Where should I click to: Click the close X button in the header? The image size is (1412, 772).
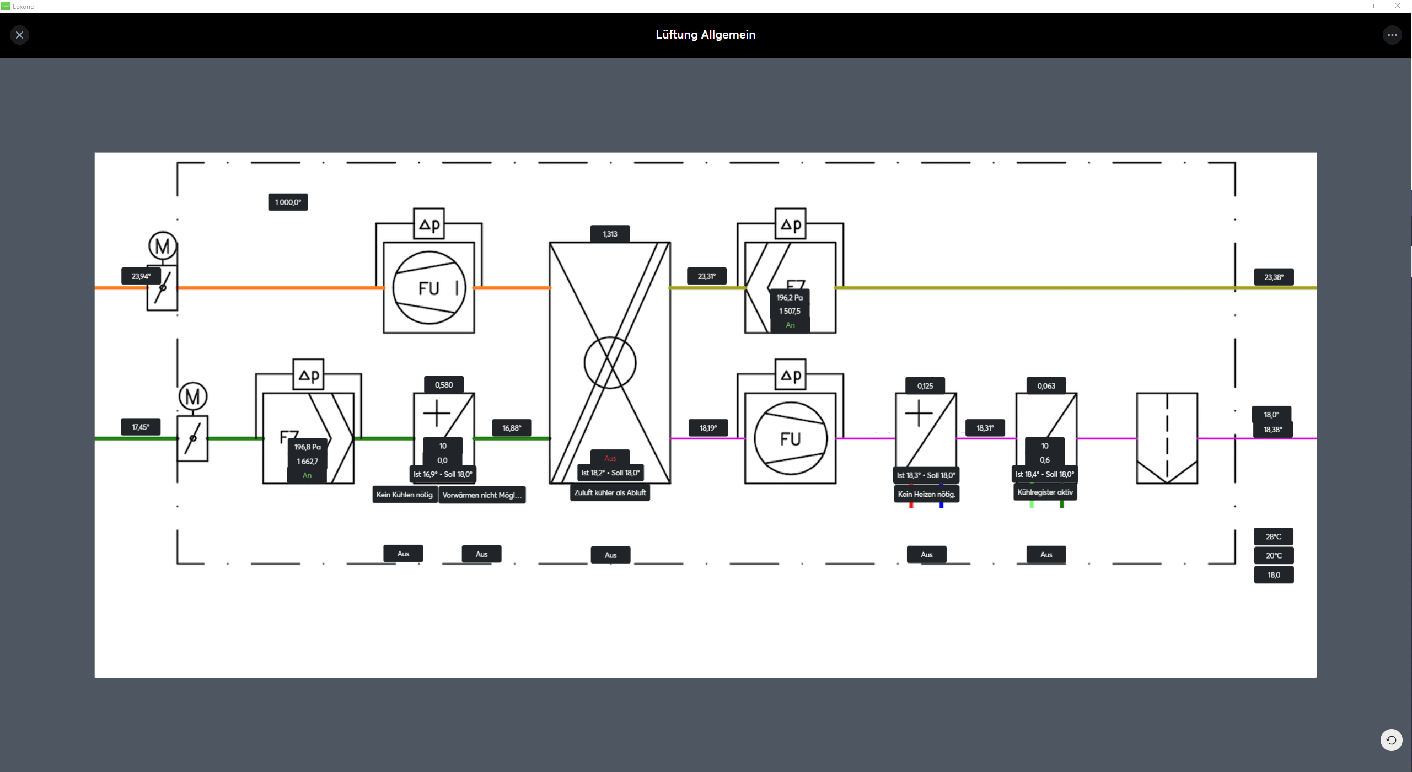pyautogui.click(x=19, y=35)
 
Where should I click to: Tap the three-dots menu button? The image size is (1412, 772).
pyautogui.click(x=1392, y=35)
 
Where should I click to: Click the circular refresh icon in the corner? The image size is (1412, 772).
pyautogui.click(x=1391, y=740)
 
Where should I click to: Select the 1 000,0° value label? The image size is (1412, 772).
pyautogui.click(x=288, y=202)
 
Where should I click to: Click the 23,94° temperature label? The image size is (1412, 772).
pyautogui.click(x=141, y=276)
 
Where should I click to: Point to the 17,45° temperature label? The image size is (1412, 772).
pyautogui.click(x=141, y=427)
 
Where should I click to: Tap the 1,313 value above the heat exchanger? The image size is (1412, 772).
pyautogui.click(x=610, y=234)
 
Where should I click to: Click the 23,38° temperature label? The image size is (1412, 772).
pyautogui.click(x=1274, y=277)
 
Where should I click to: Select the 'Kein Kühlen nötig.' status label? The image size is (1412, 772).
pyautogui.click(x=405, y=495)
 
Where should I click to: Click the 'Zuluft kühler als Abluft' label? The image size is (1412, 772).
pyautogui.click(x=610, y=493)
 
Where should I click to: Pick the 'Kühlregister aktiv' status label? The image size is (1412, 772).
pyautogui.click(x=1045, y=492)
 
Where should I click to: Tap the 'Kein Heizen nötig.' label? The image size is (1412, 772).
pyautogui.click(x=926, y=494)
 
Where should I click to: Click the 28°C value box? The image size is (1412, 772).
pyautogui.click(x=1274, y=537)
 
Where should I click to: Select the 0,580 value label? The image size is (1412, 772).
pyautogui.click(x=444, y=385)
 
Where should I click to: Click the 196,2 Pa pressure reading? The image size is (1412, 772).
pyautogui.click(x=790, y=298)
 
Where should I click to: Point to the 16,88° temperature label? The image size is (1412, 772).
pyautogui.click(x=512, y=428)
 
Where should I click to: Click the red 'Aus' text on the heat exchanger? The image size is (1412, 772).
pyautogui.click(x=610, y=458)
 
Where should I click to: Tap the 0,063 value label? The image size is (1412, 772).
pyautogui.click(x=1046, y=386)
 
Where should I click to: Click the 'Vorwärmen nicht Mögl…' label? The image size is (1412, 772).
pyautogui.click(x=482, y=495)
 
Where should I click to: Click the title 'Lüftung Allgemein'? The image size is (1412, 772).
pyautogui.click(x=705, y=35)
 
